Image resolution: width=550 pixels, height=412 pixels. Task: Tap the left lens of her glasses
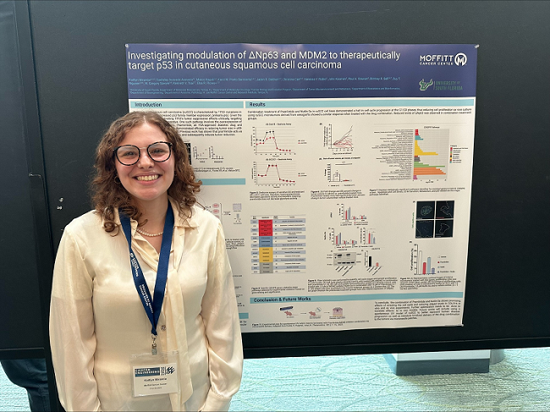click(129, 155)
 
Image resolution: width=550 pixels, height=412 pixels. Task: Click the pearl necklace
click(150, 232)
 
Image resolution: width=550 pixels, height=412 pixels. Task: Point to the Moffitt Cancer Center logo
click(443, 59)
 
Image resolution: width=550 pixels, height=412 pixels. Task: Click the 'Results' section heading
click(259, 104)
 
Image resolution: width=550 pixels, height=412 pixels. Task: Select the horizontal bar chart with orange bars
click(429, 156)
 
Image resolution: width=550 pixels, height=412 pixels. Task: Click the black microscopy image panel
click(434, 218)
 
